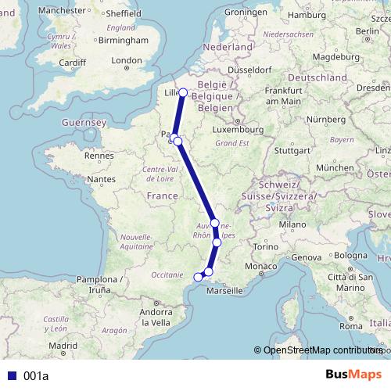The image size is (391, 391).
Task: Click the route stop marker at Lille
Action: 183,92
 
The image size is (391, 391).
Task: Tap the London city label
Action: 127,60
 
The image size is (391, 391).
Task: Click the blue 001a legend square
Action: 12,376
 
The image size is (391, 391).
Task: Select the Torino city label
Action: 266,247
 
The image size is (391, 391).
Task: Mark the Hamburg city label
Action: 307,15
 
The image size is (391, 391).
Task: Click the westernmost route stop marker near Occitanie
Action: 198,276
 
